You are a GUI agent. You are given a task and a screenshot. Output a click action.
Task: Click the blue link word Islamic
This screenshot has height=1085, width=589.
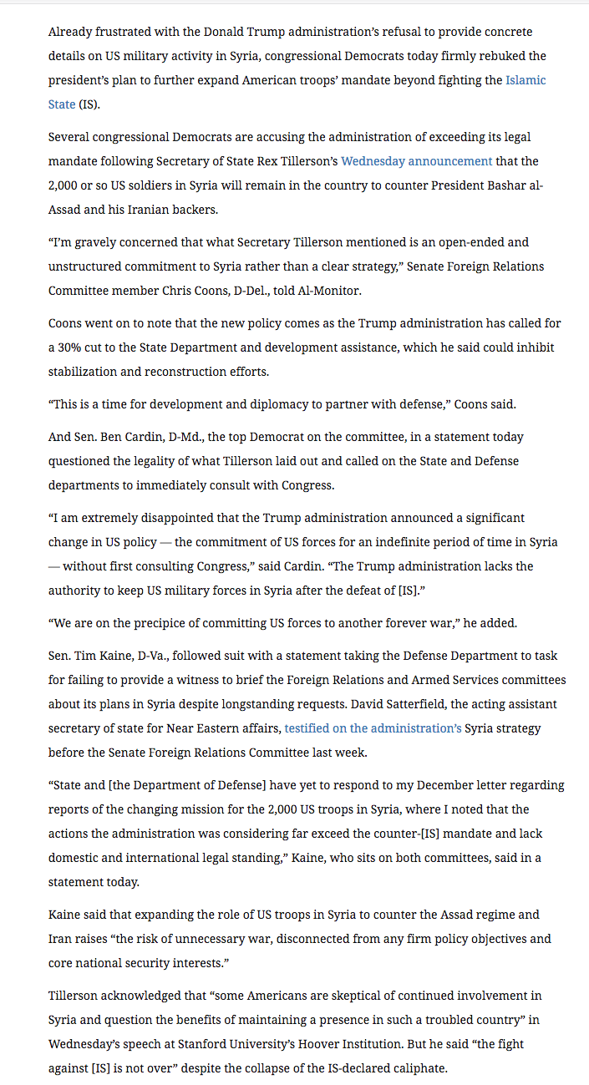(526, 80)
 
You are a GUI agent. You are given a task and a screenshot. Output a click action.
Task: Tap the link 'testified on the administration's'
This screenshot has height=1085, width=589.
(373, 728)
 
